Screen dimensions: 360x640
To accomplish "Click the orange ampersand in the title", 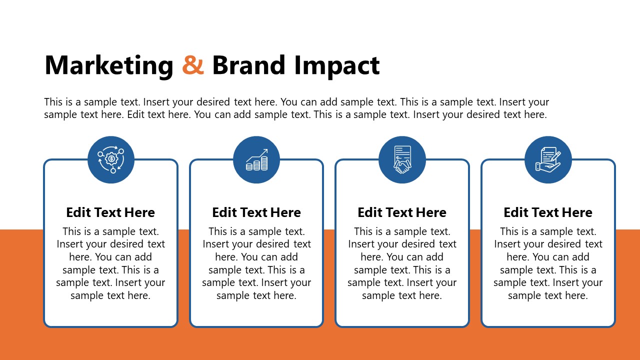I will coord(193,65).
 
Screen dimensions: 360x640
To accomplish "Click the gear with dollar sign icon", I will coord(111,160).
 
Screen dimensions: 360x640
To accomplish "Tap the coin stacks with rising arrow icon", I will coord(256,160).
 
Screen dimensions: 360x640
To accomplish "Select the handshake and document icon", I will coord(402,160).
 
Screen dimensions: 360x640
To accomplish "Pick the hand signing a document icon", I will coord(548,160).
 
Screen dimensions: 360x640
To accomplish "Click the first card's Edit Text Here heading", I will coord(110,212).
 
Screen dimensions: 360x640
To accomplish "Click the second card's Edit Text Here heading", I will coord(256,212).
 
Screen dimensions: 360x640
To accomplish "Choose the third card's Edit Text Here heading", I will coord(402,212).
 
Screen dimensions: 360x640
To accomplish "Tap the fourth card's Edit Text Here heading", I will coord(548,212).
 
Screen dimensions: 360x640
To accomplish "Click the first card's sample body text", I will coord(110,263).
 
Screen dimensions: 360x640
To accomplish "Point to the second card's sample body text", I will coord(256,263).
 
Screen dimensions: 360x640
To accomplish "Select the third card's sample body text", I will coord(402,263).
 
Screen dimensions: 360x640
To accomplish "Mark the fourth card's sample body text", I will coord(548,263).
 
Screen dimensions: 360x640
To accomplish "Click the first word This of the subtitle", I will coord(52,102).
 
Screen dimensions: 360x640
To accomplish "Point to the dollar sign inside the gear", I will coord(111,159).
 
